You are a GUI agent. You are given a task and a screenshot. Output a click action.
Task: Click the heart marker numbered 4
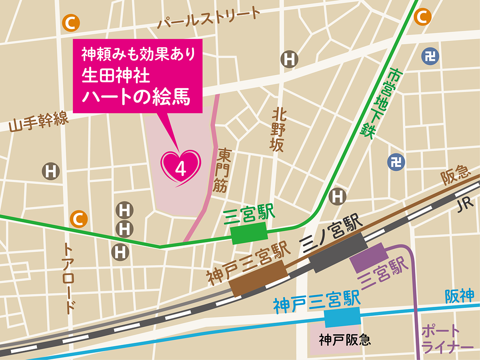(x=180, y=167)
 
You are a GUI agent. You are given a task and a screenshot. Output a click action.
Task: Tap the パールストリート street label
(x=208, y=18)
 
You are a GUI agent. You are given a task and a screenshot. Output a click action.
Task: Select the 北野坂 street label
(x=278, y=130)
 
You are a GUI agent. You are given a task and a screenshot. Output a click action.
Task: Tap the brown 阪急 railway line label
(x=455, y=175)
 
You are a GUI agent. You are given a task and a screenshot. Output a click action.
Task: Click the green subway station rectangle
(x=249, y=234)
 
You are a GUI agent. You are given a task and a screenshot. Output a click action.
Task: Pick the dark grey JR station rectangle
(x=338, y=253)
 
